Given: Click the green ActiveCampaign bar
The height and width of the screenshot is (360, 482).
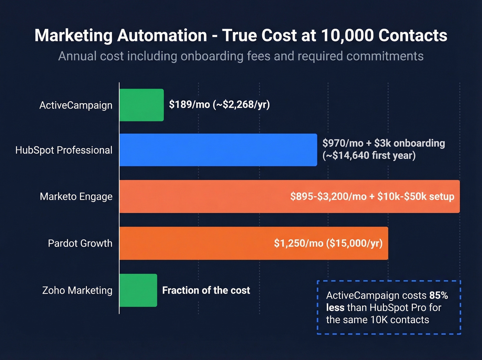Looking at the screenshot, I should [x=142, y=105].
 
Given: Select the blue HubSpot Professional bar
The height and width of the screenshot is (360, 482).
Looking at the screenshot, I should [x=218, y=150].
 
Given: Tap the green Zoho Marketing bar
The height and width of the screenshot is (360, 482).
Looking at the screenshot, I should [x=138, y=290].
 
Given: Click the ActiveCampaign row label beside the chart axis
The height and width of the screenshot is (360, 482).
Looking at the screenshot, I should [x=76, y=105].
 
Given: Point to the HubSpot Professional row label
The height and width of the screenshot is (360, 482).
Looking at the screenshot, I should [x=64, y=150].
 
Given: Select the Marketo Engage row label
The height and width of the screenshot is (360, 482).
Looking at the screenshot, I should [x=76, y=196].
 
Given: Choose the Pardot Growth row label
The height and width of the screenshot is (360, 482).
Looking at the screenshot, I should [x=80, y=243].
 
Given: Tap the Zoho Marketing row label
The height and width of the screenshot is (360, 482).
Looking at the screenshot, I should [x=77, y=290].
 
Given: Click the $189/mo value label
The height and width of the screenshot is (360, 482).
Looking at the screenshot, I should [x=189, y=104].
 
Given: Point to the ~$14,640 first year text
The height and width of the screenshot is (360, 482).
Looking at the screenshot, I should [x=369, y=155].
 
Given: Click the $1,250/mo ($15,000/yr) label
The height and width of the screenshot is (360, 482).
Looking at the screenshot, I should [x=328, y=243].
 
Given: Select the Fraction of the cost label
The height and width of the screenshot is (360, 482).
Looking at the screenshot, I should [x=206, y=290].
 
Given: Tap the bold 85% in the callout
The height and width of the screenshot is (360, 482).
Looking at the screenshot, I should [x=439, y=296].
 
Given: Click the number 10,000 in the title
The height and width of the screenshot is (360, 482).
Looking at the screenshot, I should [x=347, y=35].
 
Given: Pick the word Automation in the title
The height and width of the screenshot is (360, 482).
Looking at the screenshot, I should [x=162, y=35].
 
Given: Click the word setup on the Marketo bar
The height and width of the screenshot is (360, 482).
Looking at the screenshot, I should [x=442, y=196].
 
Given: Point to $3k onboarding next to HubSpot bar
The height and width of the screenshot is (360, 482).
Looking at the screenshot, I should [x=410, y=143].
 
